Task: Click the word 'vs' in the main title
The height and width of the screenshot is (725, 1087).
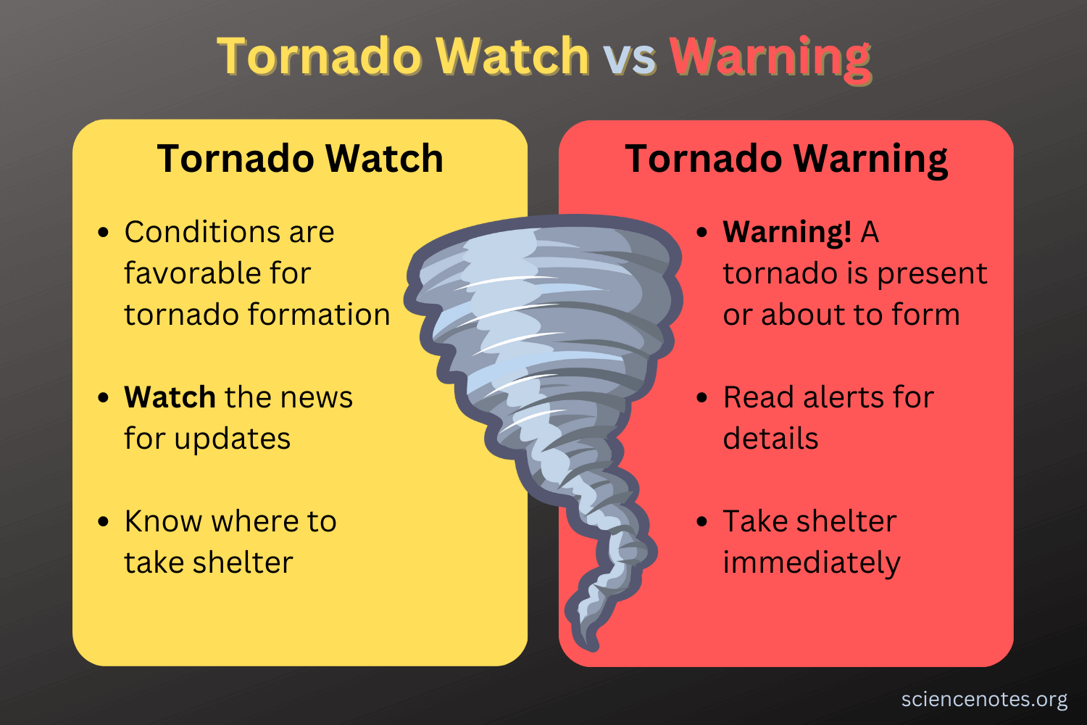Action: [x=630, y=57]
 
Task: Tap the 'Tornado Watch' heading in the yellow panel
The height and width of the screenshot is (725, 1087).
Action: [x=301, y=158]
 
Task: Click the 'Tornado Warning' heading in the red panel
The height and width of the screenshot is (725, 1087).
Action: [x=786, y=160]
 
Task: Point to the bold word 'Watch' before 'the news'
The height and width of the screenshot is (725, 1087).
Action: [x=170, y=397]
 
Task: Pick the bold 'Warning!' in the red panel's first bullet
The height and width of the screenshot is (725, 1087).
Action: [x=786, y=232]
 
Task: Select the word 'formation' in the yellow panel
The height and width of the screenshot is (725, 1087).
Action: [x=320, y=314]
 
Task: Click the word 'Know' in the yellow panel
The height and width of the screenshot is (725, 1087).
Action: [x=163, y=521]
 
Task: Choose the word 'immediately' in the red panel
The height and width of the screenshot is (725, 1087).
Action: [x=812, y=563]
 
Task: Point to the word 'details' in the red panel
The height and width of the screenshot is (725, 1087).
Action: [x=770, y=439]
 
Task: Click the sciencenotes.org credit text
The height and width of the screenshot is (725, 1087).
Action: [x=984, y=700]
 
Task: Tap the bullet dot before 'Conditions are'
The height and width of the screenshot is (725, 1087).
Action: [x=103, y=232]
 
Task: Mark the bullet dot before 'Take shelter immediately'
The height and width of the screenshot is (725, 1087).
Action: [x=701, y=521]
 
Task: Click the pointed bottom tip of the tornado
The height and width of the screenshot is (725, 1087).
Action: [x=593, y=648]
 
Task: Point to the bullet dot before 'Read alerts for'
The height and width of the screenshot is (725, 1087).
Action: [x=701, y=398]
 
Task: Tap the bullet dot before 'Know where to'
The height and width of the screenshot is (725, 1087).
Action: [x=103, y=521]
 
